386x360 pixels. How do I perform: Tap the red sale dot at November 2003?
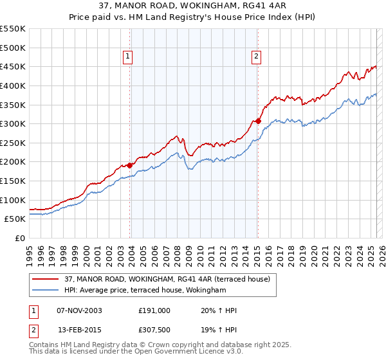[130, 165]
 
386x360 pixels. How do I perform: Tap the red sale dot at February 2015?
[258, 121]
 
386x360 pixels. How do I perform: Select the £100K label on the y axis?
[13, 200]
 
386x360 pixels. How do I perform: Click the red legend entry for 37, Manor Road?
[170, 279]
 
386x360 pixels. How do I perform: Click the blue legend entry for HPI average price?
[145, 291]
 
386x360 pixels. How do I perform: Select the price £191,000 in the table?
[154, 310]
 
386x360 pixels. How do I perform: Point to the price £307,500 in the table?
[154, 330]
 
